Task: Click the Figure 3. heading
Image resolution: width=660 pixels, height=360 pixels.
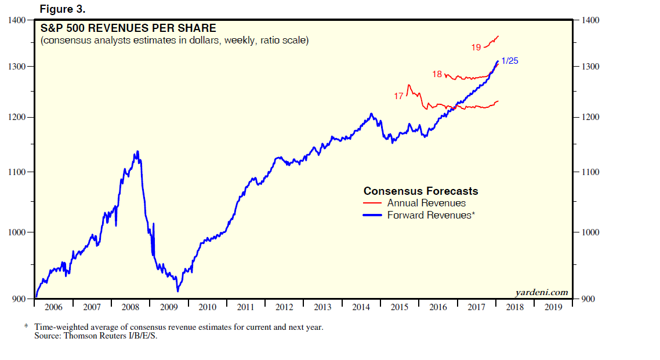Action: pos(63,9)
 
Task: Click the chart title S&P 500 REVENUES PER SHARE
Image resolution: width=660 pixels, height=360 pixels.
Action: pos(128,28)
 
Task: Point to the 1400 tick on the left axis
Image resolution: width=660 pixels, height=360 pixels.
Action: pos(18,20)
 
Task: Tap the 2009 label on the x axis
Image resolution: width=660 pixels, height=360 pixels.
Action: pos(169,307)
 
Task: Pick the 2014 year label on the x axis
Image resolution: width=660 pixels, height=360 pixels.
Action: pos(361,307)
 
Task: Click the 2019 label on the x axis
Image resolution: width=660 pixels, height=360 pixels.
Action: pos(553,307)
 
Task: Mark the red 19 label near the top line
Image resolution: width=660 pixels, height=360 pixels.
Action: pos(476,48)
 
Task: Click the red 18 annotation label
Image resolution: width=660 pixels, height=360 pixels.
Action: pos(437,74)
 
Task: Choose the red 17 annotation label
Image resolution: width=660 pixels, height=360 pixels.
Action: pos(398,96)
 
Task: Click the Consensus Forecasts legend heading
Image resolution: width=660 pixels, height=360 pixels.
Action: pos(420,191)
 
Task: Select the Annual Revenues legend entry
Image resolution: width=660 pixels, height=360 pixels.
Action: pos(426,203)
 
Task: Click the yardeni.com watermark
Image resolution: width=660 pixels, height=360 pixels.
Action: pos(541,293)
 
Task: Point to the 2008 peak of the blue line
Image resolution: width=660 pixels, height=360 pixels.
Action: pos(137,151)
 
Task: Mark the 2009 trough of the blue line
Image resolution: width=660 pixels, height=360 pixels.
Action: pos(177,290)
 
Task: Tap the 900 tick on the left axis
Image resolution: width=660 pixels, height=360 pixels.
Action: pos(20,299)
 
